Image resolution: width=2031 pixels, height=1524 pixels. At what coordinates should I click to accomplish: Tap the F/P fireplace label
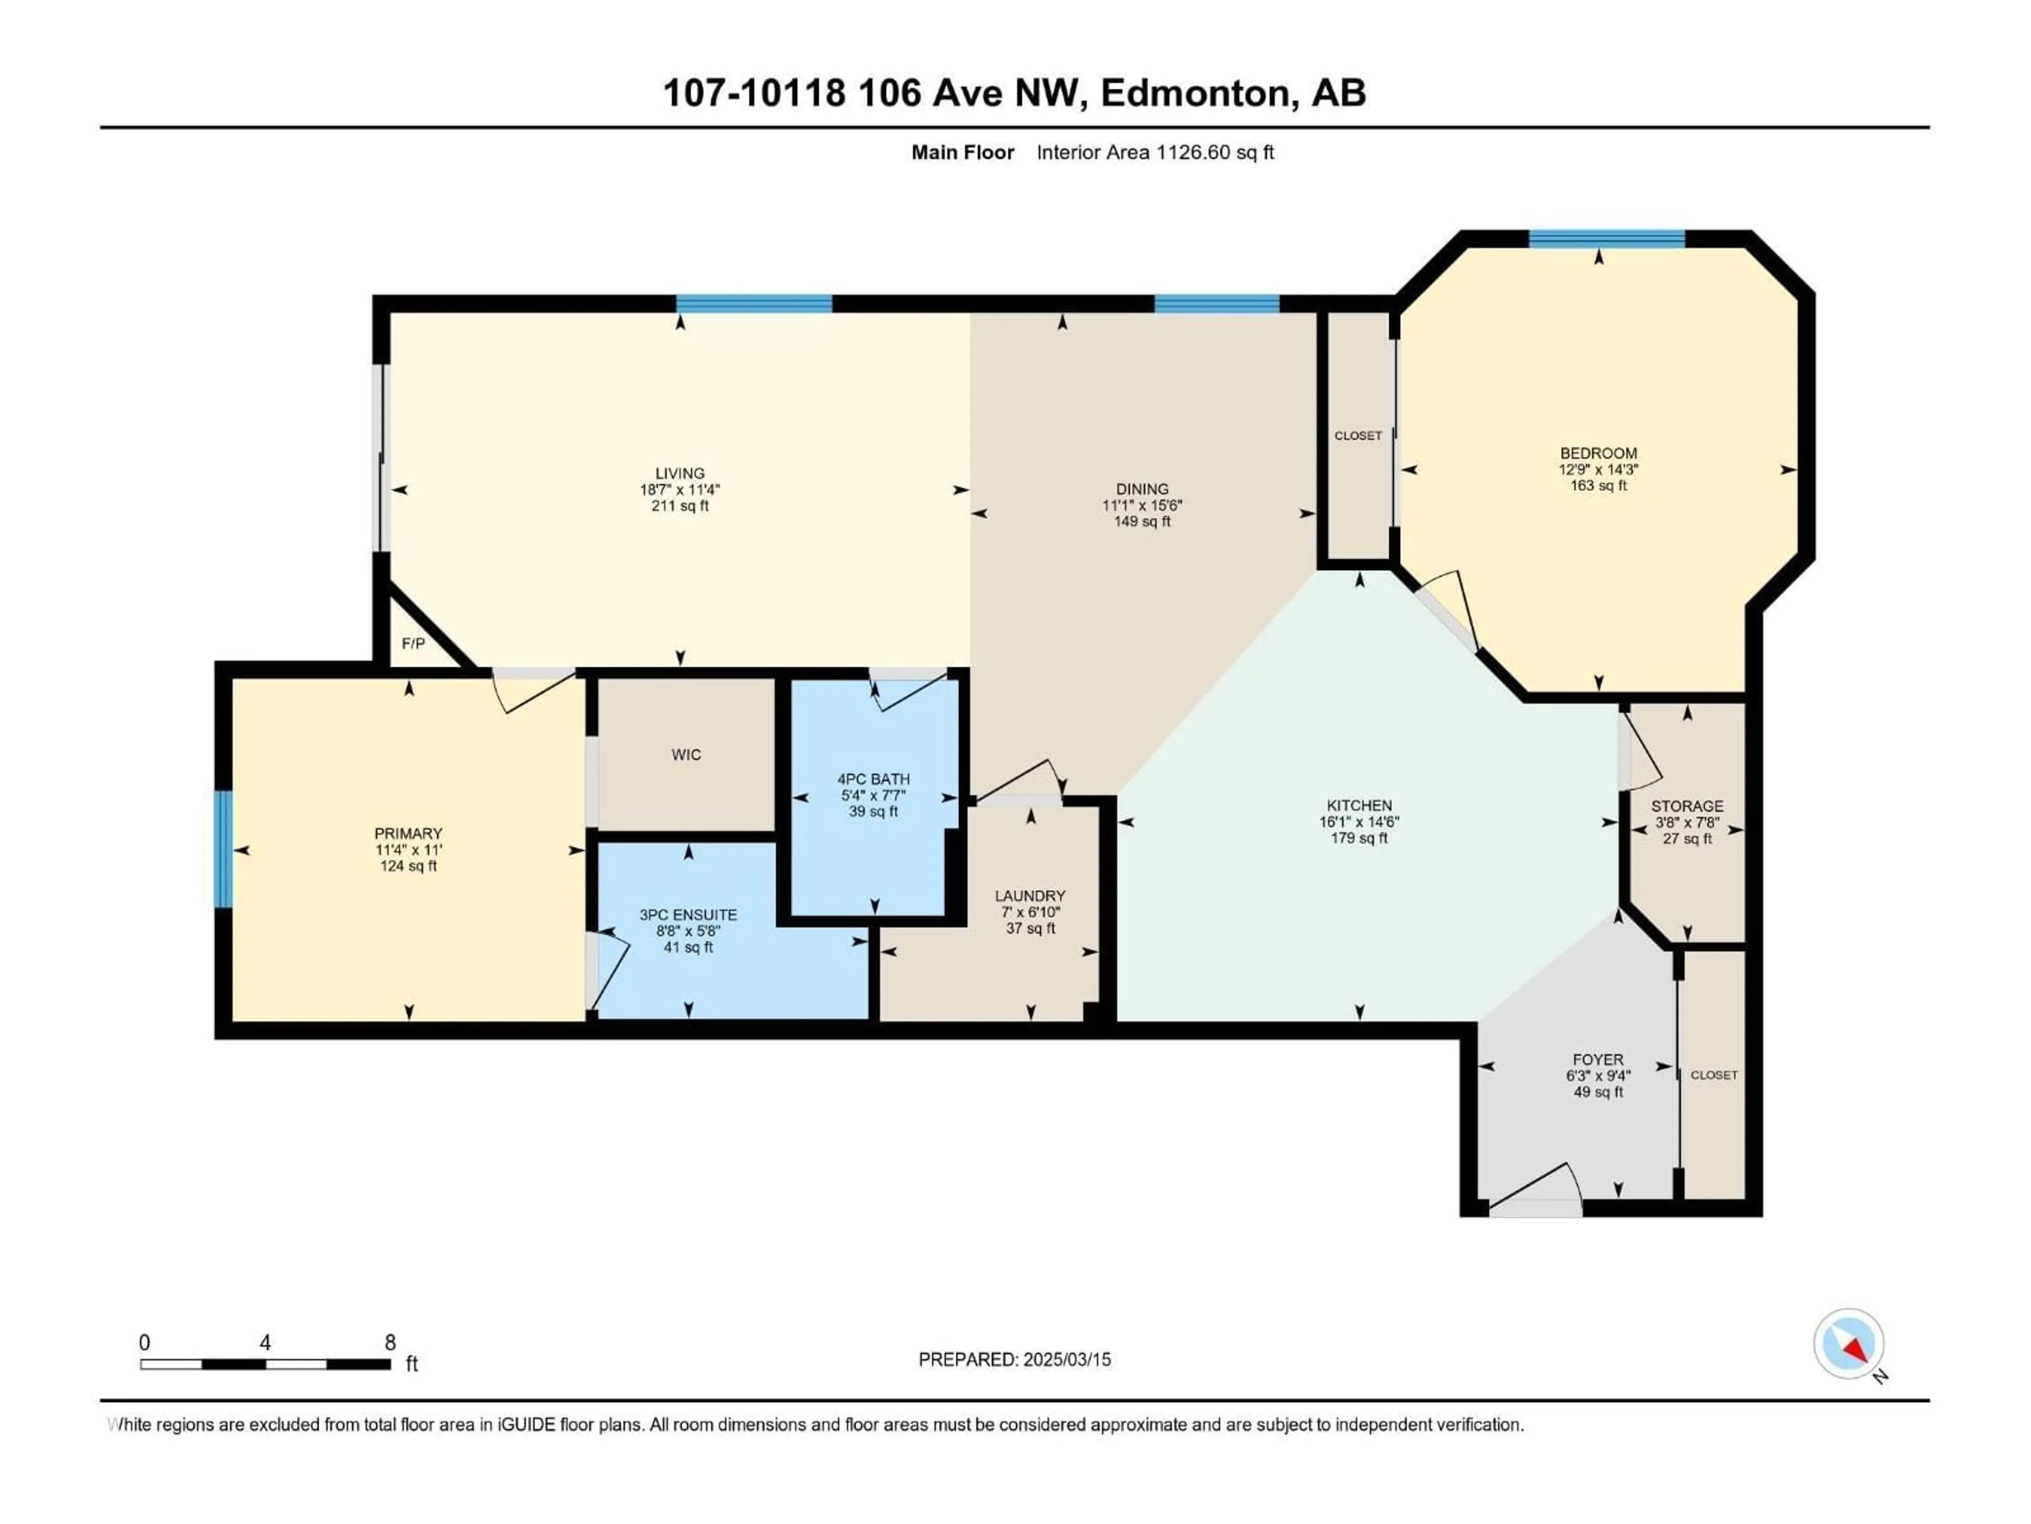click(413, 644)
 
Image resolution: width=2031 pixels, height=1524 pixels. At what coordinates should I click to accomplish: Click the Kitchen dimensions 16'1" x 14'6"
click(1359, 822)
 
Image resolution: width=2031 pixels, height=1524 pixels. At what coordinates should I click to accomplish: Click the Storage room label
click(1687, 805)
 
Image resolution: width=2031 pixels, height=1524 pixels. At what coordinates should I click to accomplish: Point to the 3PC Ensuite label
click(688, 915)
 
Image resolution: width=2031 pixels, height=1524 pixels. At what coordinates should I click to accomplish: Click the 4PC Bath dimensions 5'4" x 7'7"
click(873, 795)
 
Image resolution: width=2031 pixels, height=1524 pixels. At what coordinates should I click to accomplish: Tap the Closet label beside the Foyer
click(1713, 1075)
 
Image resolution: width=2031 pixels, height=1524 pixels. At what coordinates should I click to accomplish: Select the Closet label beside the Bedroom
click(1357, 436)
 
